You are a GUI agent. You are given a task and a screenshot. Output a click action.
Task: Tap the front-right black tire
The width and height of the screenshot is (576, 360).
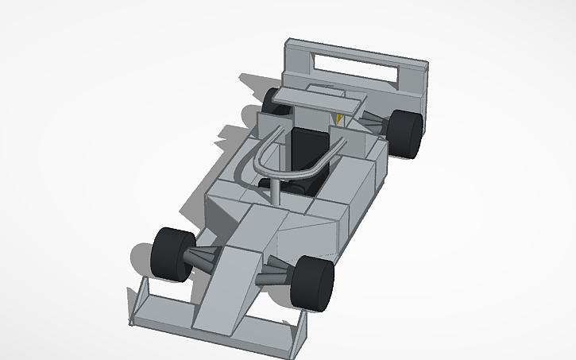click(x=313, y=283)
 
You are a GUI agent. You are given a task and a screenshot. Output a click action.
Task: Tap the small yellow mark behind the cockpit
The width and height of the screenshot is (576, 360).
click(x=338, y=120)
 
